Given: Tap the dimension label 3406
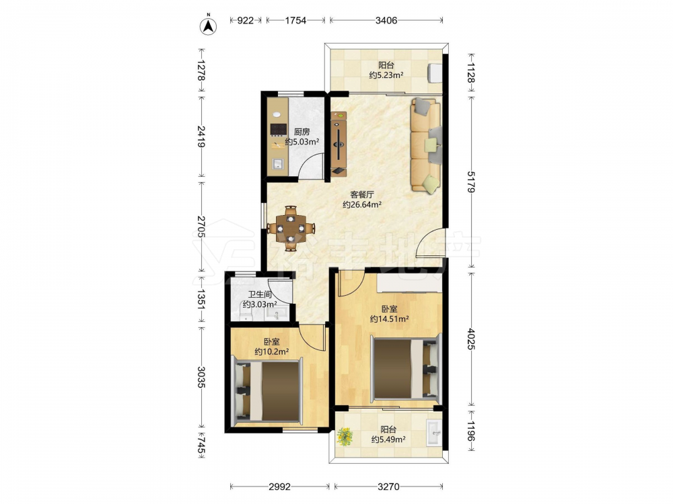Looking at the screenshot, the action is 386,20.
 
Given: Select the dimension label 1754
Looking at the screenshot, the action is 295,20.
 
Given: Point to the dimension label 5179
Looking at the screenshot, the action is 471,181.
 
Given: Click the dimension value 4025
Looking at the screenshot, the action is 471,339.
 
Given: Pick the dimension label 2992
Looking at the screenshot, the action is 280,487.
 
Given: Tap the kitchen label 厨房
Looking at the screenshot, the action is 302,132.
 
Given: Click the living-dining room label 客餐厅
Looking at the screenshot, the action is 362,195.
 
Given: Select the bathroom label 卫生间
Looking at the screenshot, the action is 260,294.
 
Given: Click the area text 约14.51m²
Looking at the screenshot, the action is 389,319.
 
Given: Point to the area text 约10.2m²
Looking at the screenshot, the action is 271,352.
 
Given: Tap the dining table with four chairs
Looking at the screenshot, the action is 291,228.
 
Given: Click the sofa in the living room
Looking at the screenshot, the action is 426,144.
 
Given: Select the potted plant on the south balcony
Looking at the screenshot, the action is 345,436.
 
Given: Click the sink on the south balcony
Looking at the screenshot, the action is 433,433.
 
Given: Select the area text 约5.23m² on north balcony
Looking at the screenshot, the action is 386,75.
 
